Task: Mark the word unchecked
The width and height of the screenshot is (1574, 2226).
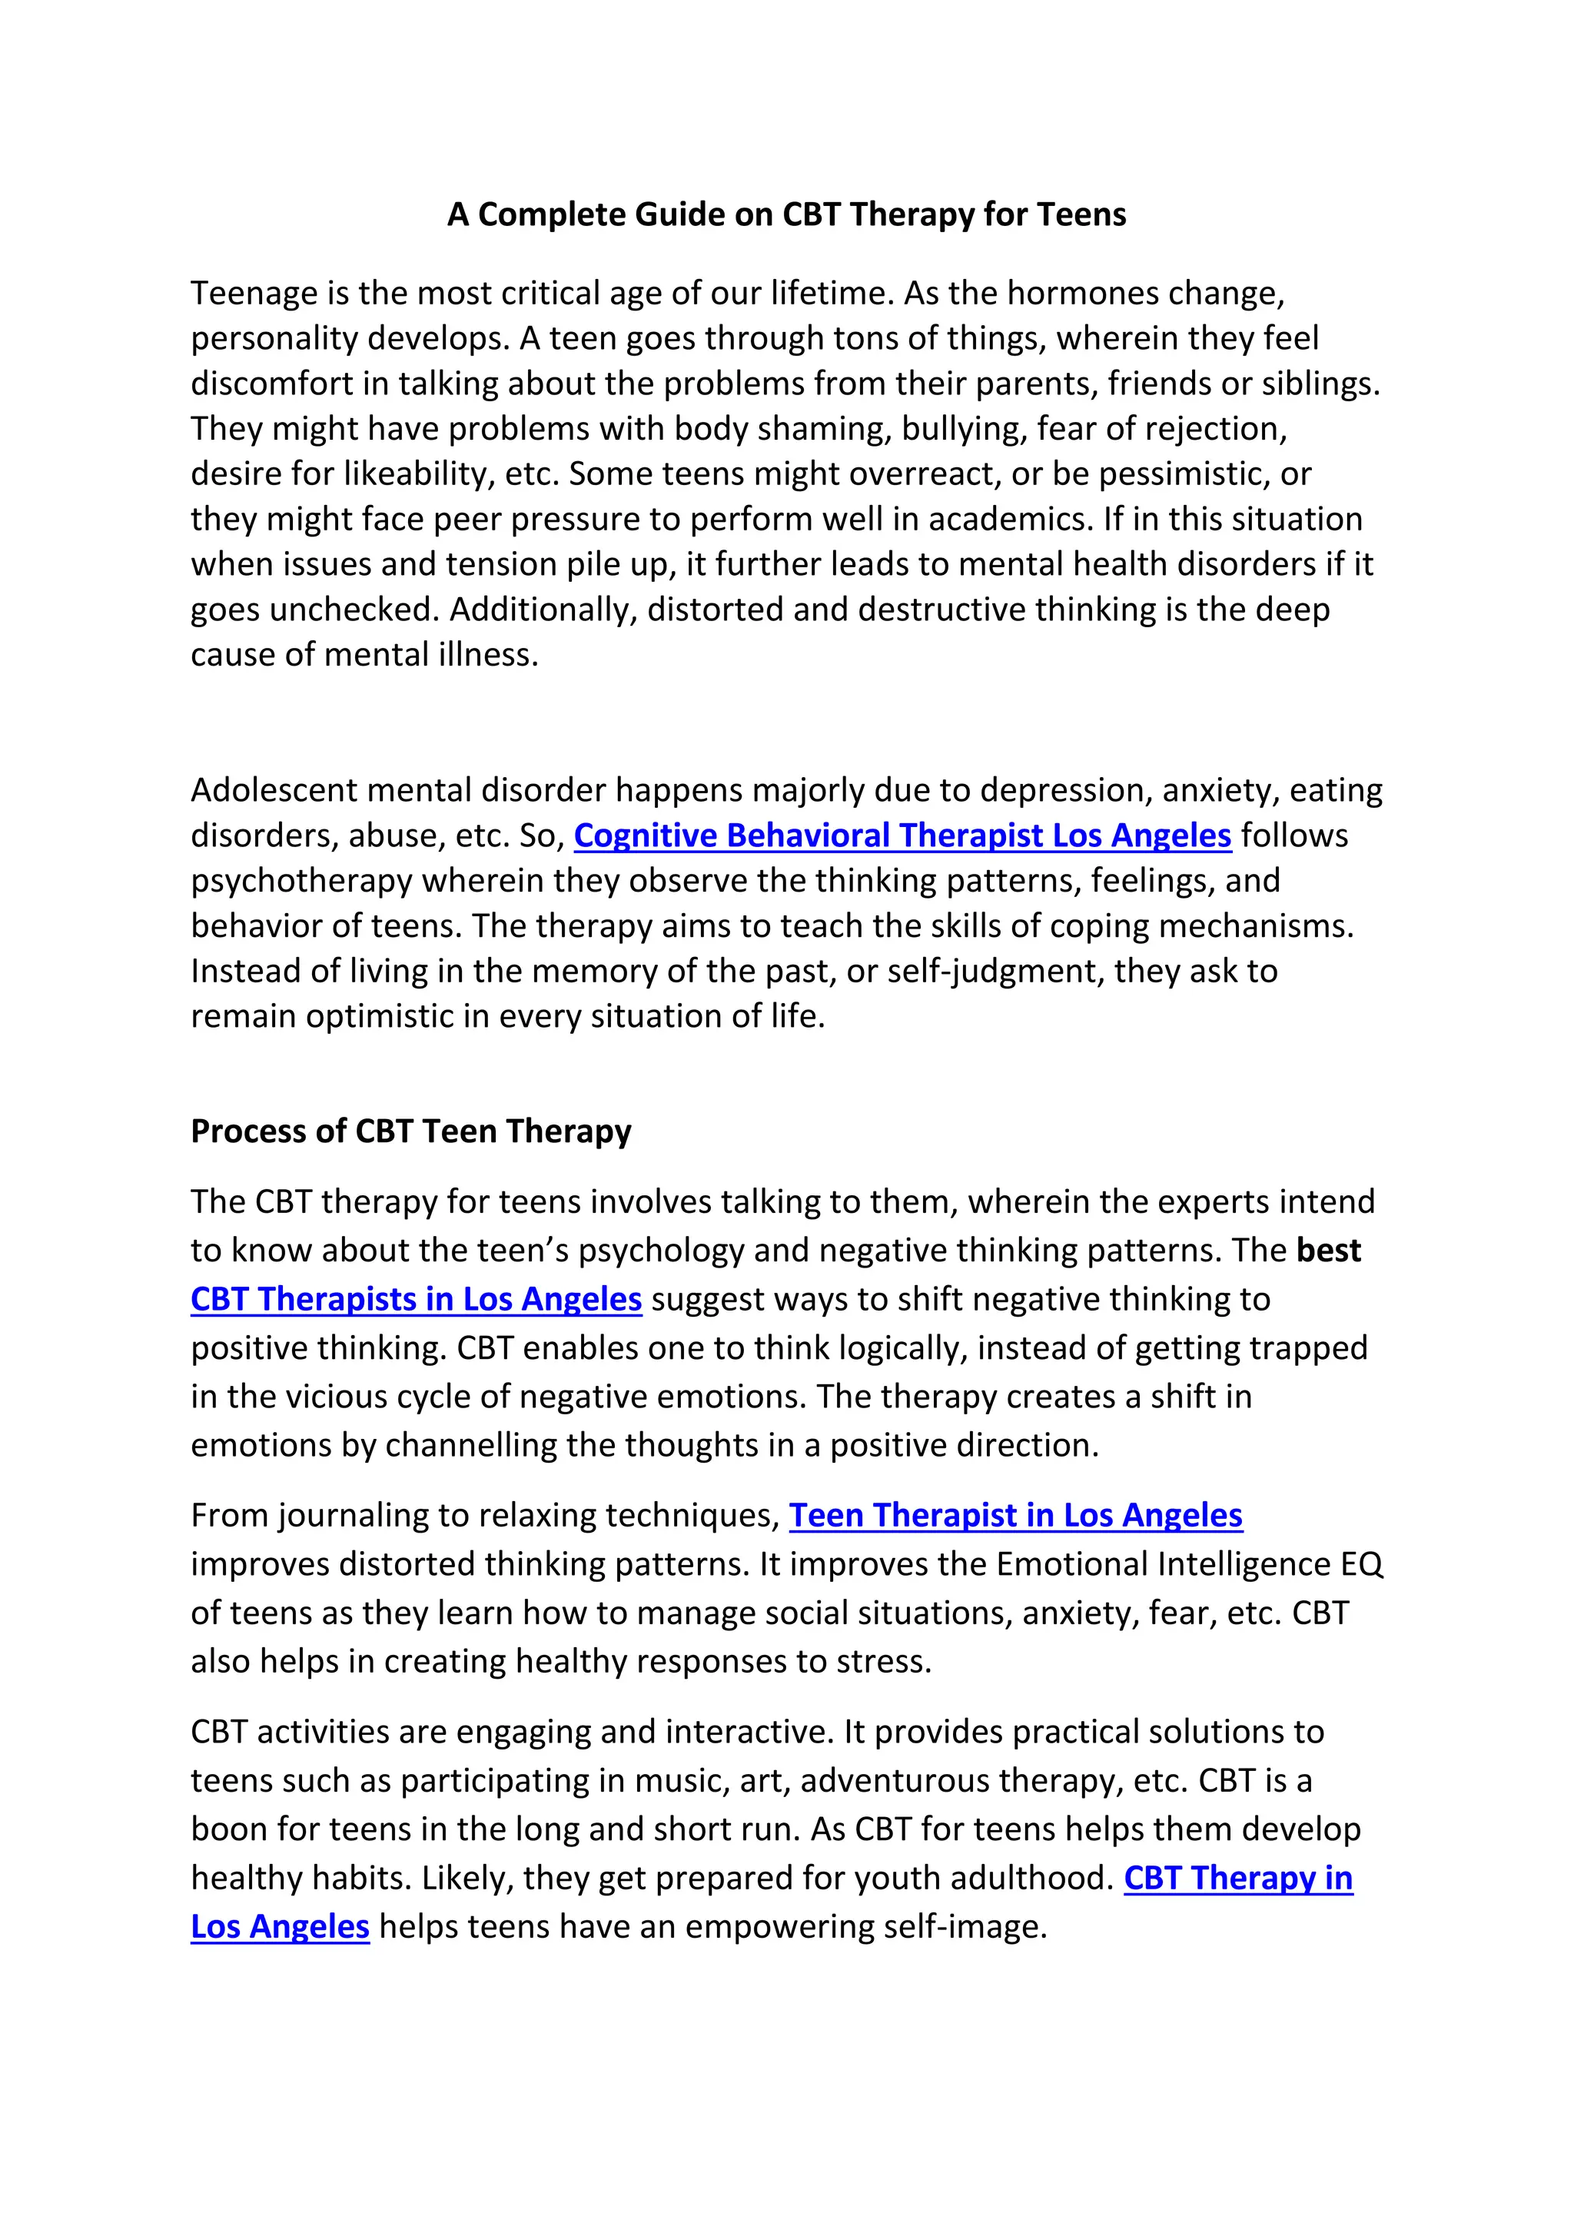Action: point(355,610)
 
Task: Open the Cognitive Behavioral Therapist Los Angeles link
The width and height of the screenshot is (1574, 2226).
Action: point(902,836)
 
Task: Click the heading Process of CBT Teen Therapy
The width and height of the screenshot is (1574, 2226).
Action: point(411,1131)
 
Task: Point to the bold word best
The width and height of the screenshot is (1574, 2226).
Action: point(1329,1251)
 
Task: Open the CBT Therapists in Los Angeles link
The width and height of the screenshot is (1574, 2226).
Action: point(416,1299)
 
